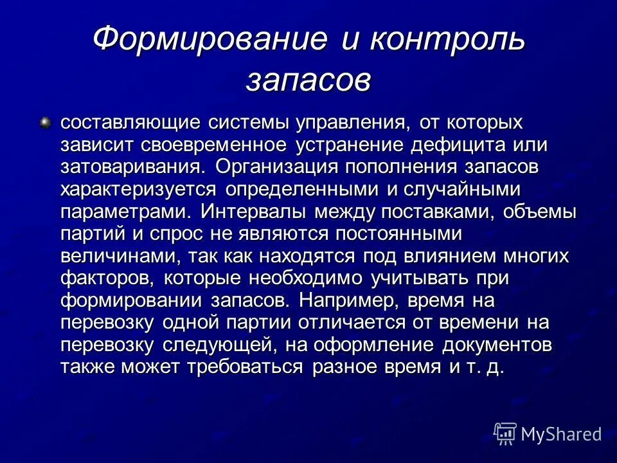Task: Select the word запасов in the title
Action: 308,82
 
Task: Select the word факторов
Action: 108,278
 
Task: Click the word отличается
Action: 379,322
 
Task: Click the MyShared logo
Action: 548,433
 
